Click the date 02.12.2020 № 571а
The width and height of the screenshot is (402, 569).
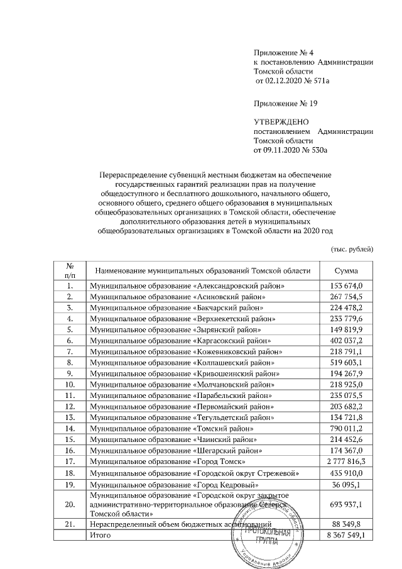292,82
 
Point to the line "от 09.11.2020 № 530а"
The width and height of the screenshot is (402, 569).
291,151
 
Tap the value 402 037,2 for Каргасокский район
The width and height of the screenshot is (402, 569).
346,340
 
